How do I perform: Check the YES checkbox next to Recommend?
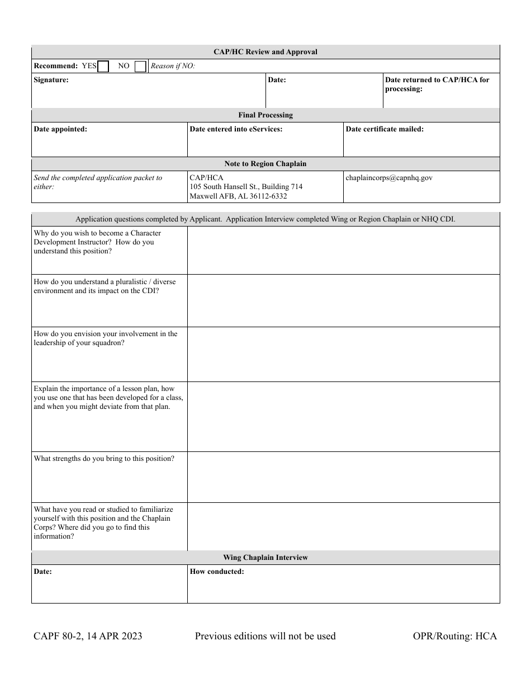(103, 67)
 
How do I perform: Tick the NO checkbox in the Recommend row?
(140, 67)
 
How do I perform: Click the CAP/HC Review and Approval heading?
(265, 52)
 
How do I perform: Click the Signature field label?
(51, 80)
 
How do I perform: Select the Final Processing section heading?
(265, 115)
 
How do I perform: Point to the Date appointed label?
(60, 129)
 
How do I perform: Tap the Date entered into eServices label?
(236, 129)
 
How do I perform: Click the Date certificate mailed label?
(385, 129)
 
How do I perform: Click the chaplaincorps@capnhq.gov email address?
(389, 178)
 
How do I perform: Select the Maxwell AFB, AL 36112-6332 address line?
(238, 196)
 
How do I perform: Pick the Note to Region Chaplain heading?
(265, 164)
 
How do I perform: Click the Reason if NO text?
(173, 66)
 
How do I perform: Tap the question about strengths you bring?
(104, 459)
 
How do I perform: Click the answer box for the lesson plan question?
(343, 417)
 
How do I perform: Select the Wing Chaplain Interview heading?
(265, 558)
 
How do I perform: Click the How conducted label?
(217, 572)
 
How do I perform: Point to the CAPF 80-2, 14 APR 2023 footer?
(88, 636)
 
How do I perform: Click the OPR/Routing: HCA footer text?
(454, 636)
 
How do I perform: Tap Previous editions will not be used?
(265, 636)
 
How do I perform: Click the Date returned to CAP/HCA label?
(437, 84)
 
